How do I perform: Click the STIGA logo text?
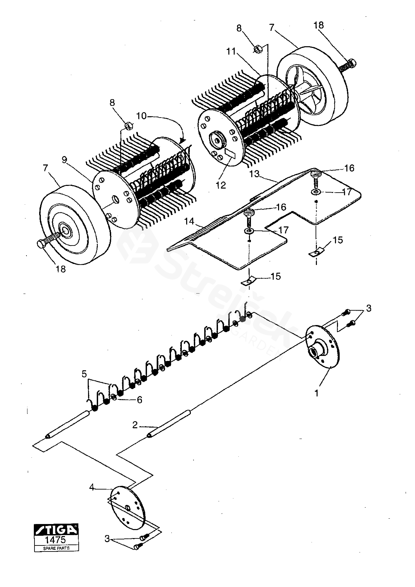click(56, 530)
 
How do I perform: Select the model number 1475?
click(55, 540)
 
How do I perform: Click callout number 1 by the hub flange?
click(317, 393)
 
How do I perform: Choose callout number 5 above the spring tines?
click(84, 374)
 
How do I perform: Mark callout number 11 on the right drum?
click(231, 52)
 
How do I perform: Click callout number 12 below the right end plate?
click(221, 185)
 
